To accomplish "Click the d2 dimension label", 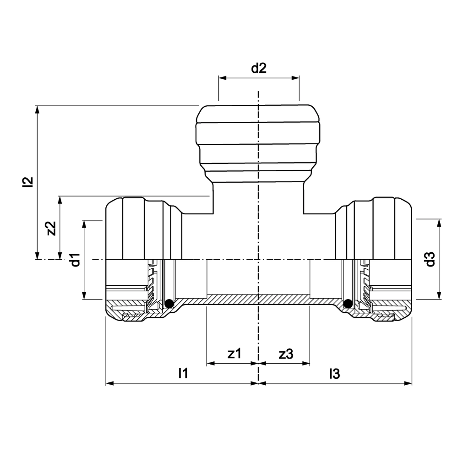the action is point(259,68).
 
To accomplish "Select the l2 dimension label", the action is point(28,182).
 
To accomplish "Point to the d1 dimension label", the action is point(76,260).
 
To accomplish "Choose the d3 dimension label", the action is point(430,259).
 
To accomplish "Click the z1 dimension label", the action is point(234,354).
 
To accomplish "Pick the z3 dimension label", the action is point(286,354).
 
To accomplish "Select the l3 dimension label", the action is point(334,373).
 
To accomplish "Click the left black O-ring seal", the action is point(169,304).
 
